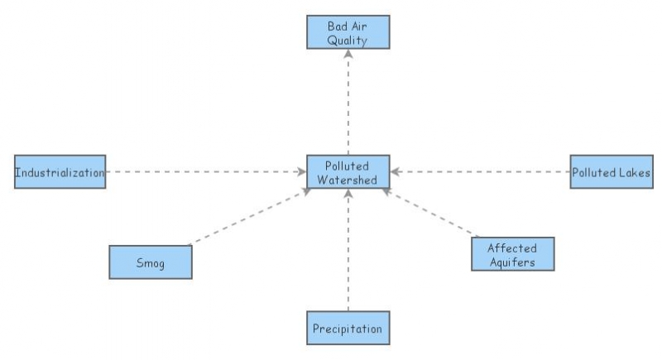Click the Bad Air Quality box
coord(348,31)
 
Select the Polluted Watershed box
coord(348,172)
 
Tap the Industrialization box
coord(60,172)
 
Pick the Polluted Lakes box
coord(612,172)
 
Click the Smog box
coord(151,262)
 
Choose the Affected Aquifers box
coord(511,255)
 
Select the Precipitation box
coord(348,329)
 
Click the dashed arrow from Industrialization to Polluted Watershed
coord(207,172)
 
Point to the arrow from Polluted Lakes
coord(480,172)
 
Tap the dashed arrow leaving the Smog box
coord(248,217)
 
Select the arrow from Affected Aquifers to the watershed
coord(430,213)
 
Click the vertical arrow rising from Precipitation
coord(348,248)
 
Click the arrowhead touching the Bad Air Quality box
coord(348,53)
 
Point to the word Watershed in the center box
coord(348,180)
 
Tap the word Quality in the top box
coord(348,38)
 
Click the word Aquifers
coord(511,262)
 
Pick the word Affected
coord(511,247)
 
